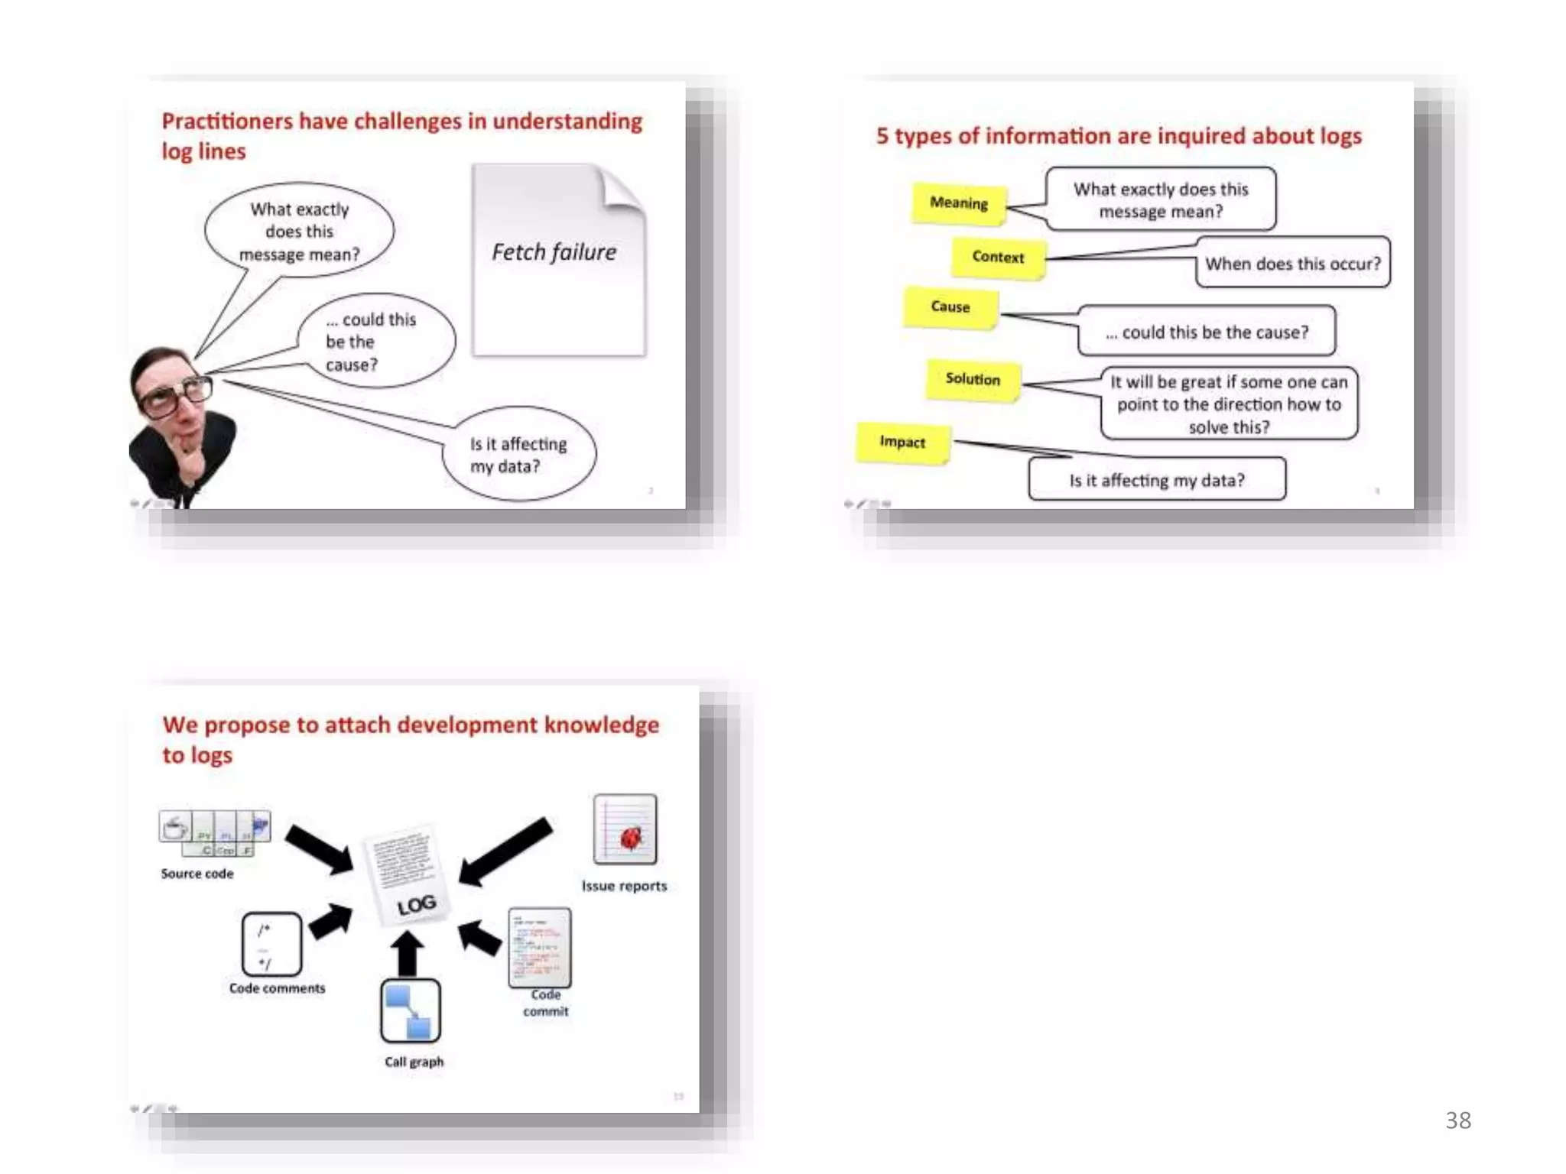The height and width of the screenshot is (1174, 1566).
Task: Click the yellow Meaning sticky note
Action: pos(959,203)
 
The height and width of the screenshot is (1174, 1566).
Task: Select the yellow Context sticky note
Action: pos(998,258)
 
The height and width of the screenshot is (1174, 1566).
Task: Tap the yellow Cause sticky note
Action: pos(950,307)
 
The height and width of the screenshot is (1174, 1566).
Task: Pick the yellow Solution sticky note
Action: pos(973,380)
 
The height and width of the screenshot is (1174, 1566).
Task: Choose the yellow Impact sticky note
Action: pos(903,443)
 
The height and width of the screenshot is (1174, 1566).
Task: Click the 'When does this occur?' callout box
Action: pos(1293,264)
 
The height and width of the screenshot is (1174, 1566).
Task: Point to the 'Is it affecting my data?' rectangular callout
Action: pos(1157,480)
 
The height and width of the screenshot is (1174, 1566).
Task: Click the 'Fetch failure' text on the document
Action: pos(554,252)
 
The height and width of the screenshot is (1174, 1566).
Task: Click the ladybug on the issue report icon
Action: pos(631,838)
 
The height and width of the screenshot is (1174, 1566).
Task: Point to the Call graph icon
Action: pos(411,1010)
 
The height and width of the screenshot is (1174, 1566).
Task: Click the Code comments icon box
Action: pos(271,944)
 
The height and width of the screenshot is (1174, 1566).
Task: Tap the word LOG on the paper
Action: pos(417,905)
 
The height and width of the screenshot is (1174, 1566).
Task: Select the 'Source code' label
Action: pos(197,874)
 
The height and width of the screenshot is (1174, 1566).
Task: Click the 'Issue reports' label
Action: pos(624,886)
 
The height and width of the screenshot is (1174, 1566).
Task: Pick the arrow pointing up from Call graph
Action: pos(408,953)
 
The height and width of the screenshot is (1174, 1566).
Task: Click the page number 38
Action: pos(1458,1120)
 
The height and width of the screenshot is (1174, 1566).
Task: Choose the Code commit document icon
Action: pos(540,948)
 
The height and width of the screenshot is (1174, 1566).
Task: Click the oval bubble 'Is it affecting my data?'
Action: pos(518,455)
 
